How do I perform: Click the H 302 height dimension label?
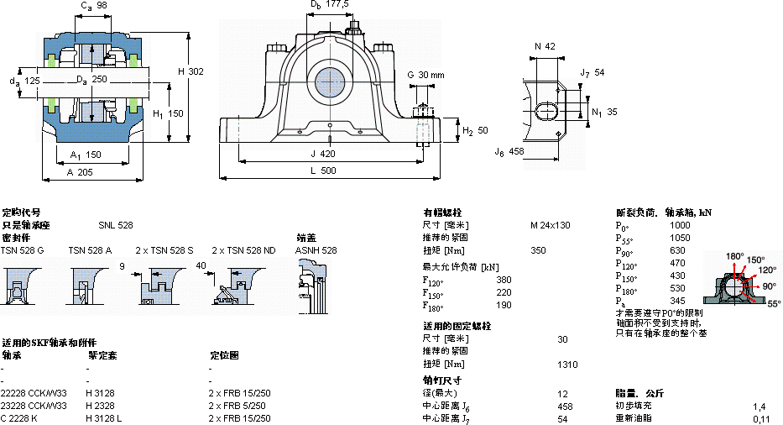coord(190,71)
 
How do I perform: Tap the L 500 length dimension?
coord(328,171)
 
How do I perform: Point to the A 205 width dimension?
coord(81,171)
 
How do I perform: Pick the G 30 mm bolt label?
coord(425,75)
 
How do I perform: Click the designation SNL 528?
coord(115,225)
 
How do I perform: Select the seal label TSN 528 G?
coord(22,250)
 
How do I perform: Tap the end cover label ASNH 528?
coord(316,250)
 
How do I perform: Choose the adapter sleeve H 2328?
coord(102,406)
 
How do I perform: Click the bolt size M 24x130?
coord(550,225)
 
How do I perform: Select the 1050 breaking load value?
coord(680,238)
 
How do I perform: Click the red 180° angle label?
coord(734,256)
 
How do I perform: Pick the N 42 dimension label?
coord(545,46)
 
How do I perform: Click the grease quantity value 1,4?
coord(759,406)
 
